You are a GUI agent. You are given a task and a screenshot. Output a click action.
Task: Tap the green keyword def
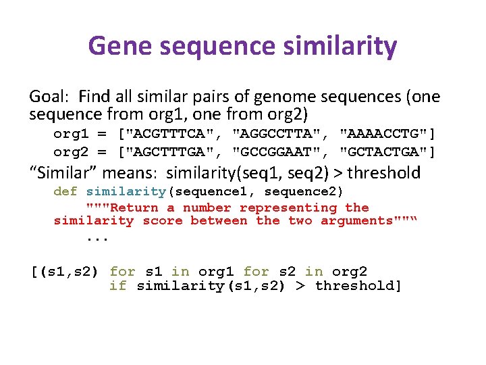tap(65, 191)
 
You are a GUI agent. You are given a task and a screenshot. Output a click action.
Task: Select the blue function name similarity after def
tap(126, 191)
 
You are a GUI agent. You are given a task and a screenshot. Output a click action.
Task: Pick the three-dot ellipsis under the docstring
tap(97, 237)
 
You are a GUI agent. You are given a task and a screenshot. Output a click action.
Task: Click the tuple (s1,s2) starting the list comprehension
tap(65, 272)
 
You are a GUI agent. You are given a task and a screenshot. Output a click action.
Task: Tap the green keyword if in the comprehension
tap(117, 285)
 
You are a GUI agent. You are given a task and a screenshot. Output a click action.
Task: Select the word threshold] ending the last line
tap(358, 285)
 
